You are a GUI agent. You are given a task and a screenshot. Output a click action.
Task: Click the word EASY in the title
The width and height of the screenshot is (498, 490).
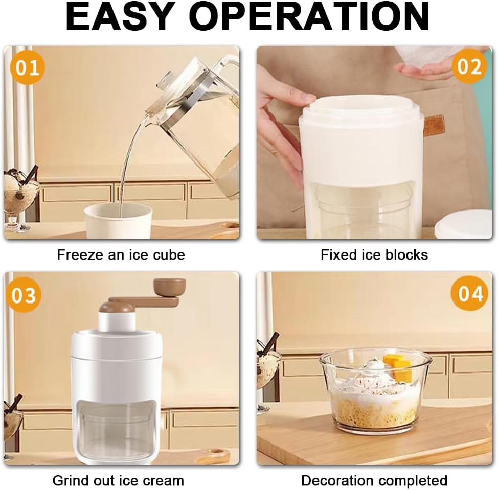pyautogui.click(x=120, y=16)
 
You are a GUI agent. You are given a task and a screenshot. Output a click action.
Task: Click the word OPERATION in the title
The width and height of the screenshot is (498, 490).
pyautogui.click(x=311, y=16)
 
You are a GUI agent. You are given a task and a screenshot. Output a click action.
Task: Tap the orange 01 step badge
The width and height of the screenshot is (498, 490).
pyautogui.click(x=27, y=67)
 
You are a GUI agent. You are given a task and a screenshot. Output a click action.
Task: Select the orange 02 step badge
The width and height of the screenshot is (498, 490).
pyautogui.click(x=469, y=66)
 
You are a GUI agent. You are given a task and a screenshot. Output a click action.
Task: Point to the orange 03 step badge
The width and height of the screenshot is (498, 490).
pyautogui.click(x=24, y=295)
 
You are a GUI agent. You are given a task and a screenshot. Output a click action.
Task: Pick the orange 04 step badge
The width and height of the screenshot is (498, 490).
pyautogui.click(x=469, y=293)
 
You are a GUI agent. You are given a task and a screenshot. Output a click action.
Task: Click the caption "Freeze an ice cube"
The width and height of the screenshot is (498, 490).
pyautogui.click(x=121, y=255)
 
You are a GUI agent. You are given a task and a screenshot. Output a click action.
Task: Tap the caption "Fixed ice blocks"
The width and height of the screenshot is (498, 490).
pyautogui.click(x=374, y=255)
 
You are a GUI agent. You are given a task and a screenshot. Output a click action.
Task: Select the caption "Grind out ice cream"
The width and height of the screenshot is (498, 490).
pyautogui.click(x=118, y=480)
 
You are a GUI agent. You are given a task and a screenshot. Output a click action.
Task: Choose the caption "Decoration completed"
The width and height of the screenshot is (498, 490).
pyautogui.click(x=374, y=480)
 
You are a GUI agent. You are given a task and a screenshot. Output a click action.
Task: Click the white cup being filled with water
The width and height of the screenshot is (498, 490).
pyautogui.click(x=118, y=221)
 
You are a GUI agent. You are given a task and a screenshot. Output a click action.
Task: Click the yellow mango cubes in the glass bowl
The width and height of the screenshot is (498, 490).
pyautogui.click(x=398, y=368)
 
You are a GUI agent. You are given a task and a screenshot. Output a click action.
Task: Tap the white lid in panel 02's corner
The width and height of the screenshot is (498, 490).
pyautogui.click(x=464, y=224)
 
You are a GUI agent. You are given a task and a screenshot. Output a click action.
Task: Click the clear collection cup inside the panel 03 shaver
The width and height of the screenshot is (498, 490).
pyautogui.click(x=118, y=435)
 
